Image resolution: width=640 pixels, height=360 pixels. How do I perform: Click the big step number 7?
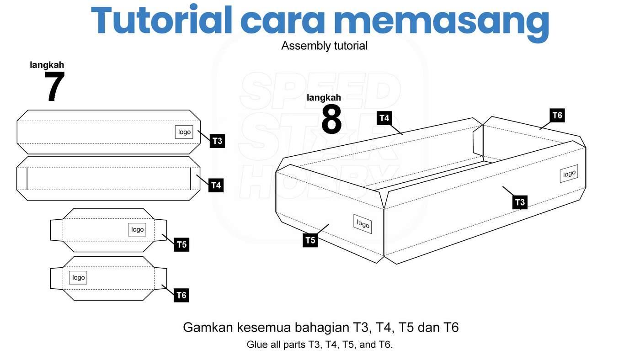tap(54, 86)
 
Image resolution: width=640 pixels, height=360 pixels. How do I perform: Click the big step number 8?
tap(331, 119)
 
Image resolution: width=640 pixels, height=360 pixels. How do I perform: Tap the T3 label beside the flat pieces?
tap(218, 141)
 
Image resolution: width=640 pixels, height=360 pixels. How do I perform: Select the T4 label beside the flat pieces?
tap(216, 185)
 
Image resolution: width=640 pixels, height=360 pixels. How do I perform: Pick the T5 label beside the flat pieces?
tap(182, 244)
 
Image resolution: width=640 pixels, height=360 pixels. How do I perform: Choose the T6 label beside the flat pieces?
tap(181, 295)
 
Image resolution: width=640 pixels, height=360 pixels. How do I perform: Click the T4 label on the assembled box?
tap(384, 118)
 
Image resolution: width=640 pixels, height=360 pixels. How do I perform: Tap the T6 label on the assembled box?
tap(557, 115)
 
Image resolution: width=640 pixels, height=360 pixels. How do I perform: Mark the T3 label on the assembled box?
tap(520, 202)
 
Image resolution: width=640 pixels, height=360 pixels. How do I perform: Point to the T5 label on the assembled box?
tap(310, 240)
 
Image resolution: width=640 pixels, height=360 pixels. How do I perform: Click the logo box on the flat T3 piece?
tap(184, 132)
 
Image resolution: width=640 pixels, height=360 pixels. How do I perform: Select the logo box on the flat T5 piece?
tap(137, 229)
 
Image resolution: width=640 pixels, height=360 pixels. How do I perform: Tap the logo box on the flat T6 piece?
tap(78, 277)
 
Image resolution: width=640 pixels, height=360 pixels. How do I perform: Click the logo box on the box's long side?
tap(569, 174)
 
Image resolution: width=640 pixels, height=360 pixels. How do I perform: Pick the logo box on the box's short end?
tap(363, 224)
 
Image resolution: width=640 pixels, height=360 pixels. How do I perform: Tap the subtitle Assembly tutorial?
tap(324, 46)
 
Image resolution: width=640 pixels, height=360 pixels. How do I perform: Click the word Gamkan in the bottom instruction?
tap(208, 328)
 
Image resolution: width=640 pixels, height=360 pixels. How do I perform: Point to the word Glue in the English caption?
tap(257, 344)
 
